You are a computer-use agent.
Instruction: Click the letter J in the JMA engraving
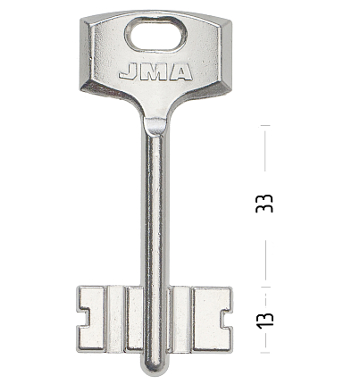pos(128,72)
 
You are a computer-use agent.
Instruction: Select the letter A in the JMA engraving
pos(180,72)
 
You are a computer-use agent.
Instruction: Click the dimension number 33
pos(264,204)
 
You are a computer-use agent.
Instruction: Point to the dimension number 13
pos(264,321)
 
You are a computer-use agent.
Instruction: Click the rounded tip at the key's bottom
pos(154,365)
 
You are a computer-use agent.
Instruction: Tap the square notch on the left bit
pos(83,319)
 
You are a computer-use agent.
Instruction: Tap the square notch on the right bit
pos(226,319)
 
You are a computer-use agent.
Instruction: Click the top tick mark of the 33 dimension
pos(265,125)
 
